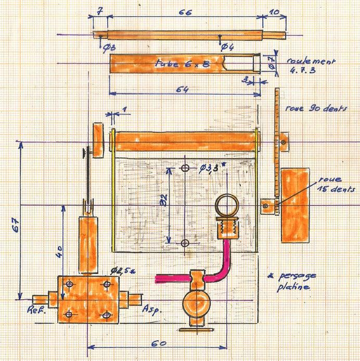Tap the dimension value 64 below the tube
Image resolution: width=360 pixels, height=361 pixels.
point(182,89)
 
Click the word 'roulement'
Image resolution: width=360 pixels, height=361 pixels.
point(307,61)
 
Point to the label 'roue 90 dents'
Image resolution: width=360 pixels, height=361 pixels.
point(316,109)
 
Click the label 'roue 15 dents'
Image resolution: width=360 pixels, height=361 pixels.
point(338,184)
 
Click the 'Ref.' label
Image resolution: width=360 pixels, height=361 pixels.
point(35,313)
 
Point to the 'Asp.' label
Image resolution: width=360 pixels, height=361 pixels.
point(150,308)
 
